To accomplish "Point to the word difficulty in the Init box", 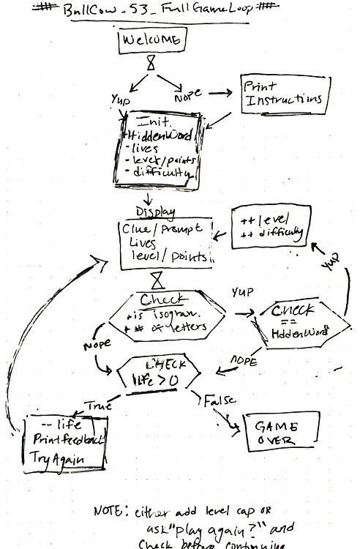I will (x=162, y=174).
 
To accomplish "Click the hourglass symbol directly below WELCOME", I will (x=151, y=64).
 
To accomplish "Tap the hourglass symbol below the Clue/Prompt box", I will (x=157, y=280).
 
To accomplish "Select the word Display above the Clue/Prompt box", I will (x=155, y=212).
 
